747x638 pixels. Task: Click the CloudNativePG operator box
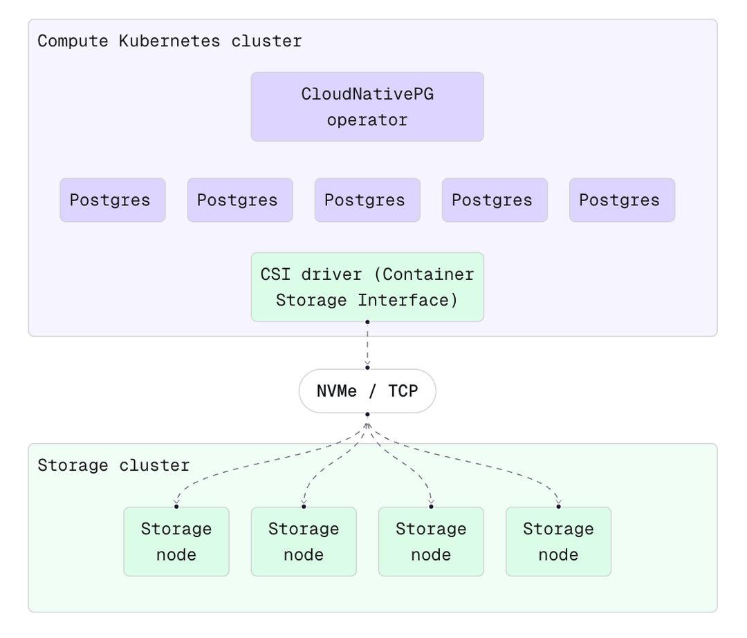pos(367,106)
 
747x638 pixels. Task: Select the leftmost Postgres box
pos(112,200)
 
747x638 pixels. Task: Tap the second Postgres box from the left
pos(239,200)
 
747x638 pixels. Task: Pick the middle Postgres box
pos(367,200)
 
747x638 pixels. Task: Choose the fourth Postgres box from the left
pos(494,200)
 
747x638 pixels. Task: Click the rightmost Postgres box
pos(621,200)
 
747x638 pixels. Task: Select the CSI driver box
pos(367,287)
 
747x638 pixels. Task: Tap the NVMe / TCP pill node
pos(367,391)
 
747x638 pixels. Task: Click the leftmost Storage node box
pos(176,541)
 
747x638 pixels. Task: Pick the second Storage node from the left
pos(303,541)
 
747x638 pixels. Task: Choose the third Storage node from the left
pos(430,541)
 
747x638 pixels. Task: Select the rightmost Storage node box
pos(557,541)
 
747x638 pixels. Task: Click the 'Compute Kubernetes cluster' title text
pos(169,41)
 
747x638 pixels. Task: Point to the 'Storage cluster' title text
pos(113,465)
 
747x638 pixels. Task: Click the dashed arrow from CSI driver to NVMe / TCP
pos(367,344)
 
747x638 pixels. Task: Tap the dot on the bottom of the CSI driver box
pos(367,321)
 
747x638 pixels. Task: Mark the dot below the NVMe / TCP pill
pos(367,415)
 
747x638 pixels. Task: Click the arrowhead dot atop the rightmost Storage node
pos(558,506)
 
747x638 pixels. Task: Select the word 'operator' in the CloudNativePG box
pos(367,120)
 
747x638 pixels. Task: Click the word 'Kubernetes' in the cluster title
pos(169,41)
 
